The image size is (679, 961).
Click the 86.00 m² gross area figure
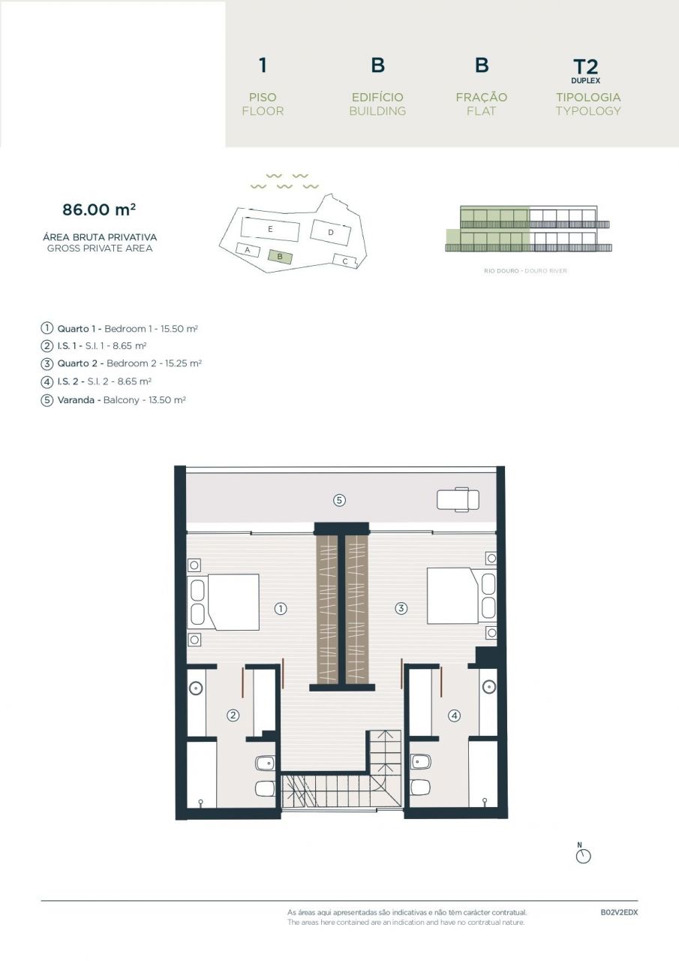click(x=99, y=209)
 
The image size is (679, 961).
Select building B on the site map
click(x=280, y=256)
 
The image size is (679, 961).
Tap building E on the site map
click(x=269, y=227)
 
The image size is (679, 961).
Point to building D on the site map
click(x=331, y=232)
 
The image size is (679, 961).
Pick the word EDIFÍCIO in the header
click(x=377, y=97)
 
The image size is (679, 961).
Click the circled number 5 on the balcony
click(x=339, y=499)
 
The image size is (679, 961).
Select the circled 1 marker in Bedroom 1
click(x=281, y=608)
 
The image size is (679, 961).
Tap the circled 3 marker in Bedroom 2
click(x=401, y=608)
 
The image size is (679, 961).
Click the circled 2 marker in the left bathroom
click(x=233, y=715)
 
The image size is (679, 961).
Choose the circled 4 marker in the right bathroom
click(x=454, y=715)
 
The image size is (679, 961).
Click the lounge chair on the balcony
click(x=458, y=499)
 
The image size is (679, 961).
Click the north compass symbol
click(x=583, y=855)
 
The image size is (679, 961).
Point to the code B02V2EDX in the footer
click(x=619, y=912)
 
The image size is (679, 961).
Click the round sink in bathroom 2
click(x=197, y=686)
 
